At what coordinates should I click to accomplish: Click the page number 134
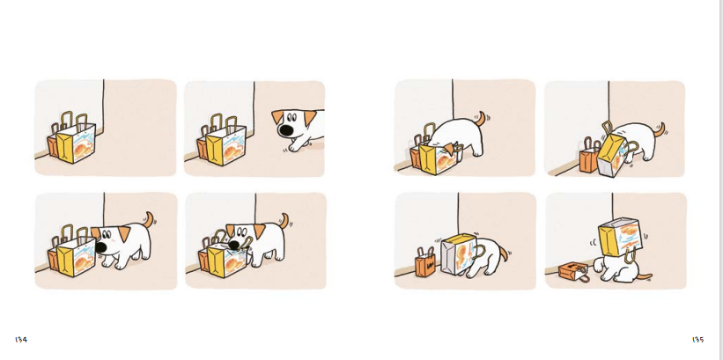21,340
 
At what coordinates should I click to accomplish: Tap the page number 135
697,340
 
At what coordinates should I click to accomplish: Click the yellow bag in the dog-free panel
76,138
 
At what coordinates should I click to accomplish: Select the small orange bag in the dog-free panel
52,145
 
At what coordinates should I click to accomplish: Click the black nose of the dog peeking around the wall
287,130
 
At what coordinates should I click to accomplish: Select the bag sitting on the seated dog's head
620,238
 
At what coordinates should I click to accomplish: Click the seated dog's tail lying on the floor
643,277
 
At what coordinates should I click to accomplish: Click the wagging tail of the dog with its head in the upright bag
482,118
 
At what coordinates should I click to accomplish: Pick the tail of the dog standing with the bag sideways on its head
504,253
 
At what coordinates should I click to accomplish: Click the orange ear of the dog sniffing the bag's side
123,234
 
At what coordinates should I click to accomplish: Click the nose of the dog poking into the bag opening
235,245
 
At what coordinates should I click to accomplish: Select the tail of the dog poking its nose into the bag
284,220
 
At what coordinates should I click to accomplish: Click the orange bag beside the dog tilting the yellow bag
588,157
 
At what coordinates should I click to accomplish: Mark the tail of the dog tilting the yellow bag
660,129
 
